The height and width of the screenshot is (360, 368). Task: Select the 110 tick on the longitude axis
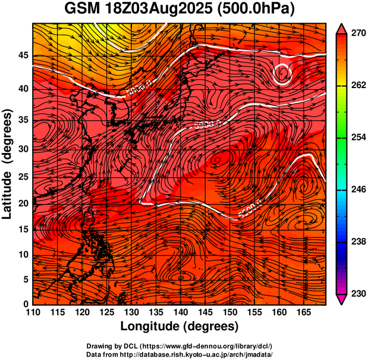tap(33, 313)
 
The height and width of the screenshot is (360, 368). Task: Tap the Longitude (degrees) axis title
tap(180, 327)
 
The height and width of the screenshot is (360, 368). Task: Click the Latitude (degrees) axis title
tap(8, 164)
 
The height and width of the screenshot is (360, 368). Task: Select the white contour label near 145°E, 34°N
tap(207, 125)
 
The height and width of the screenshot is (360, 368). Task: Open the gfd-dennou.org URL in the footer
tap(213, 346)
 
